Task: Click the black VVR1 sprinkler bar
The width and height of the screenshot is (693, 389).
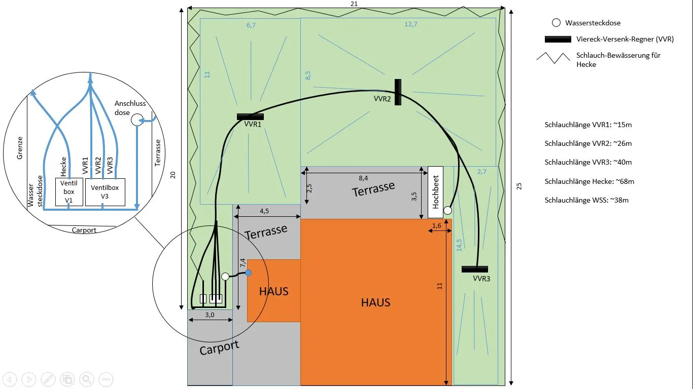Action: [x=250, y=117]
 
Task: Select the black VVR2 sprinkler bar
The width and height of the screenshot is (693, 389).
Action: [x=398, y=92]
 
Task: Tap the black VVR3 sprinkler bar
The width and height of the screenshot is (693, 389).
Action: [x=474, y=269]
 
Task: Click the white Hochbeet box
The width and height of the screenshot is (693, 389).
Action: [x=435, y=192]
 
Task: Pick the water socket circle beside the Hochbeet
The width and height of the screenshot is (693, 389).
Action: [x=447, y=210]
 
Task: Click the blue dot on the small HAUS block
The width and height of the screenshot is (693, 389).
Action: [x=249, y=273]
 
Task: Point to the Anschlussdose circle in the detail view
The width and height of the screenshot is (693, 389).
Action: [x=137, y=120]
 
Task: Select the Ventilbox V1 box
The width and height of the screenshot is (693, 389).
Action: [x=69, y=192]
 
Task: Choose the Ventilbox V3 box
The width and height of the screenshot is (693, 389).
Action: [x=105, y=192]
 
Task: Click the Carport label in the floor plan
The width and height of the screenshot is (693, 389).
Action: [x=219, y=348]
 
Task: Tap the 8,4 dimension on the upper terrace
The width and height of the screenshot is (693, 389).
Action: [x=363, y=178]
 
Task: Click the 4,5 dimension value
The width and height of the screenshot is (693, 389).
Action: [x=264, y=211]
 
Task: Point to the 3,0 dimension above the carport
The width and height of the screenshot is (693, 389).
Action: [x=210, y=315]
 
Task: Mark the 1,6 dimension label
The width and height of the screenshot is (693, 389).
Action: [x=436, y=226]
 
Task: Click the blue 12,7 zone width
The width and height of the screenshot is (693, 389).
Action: [x=411, y=24]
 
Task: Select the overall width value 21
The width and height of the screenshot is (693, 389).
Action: [x=354, y=4]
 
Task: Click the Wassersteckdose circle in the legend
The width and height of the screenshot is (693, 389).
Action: [x=556, y=23]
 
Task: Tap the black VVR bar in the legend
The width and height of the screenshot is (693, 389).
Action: [x=558, y=39]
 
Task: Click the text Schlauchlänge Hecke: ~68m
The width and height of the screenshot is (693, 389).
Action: [x=590, y=181]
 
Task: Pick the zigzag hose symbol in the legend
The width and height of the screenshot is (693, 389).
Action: [x=553, y=57]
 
